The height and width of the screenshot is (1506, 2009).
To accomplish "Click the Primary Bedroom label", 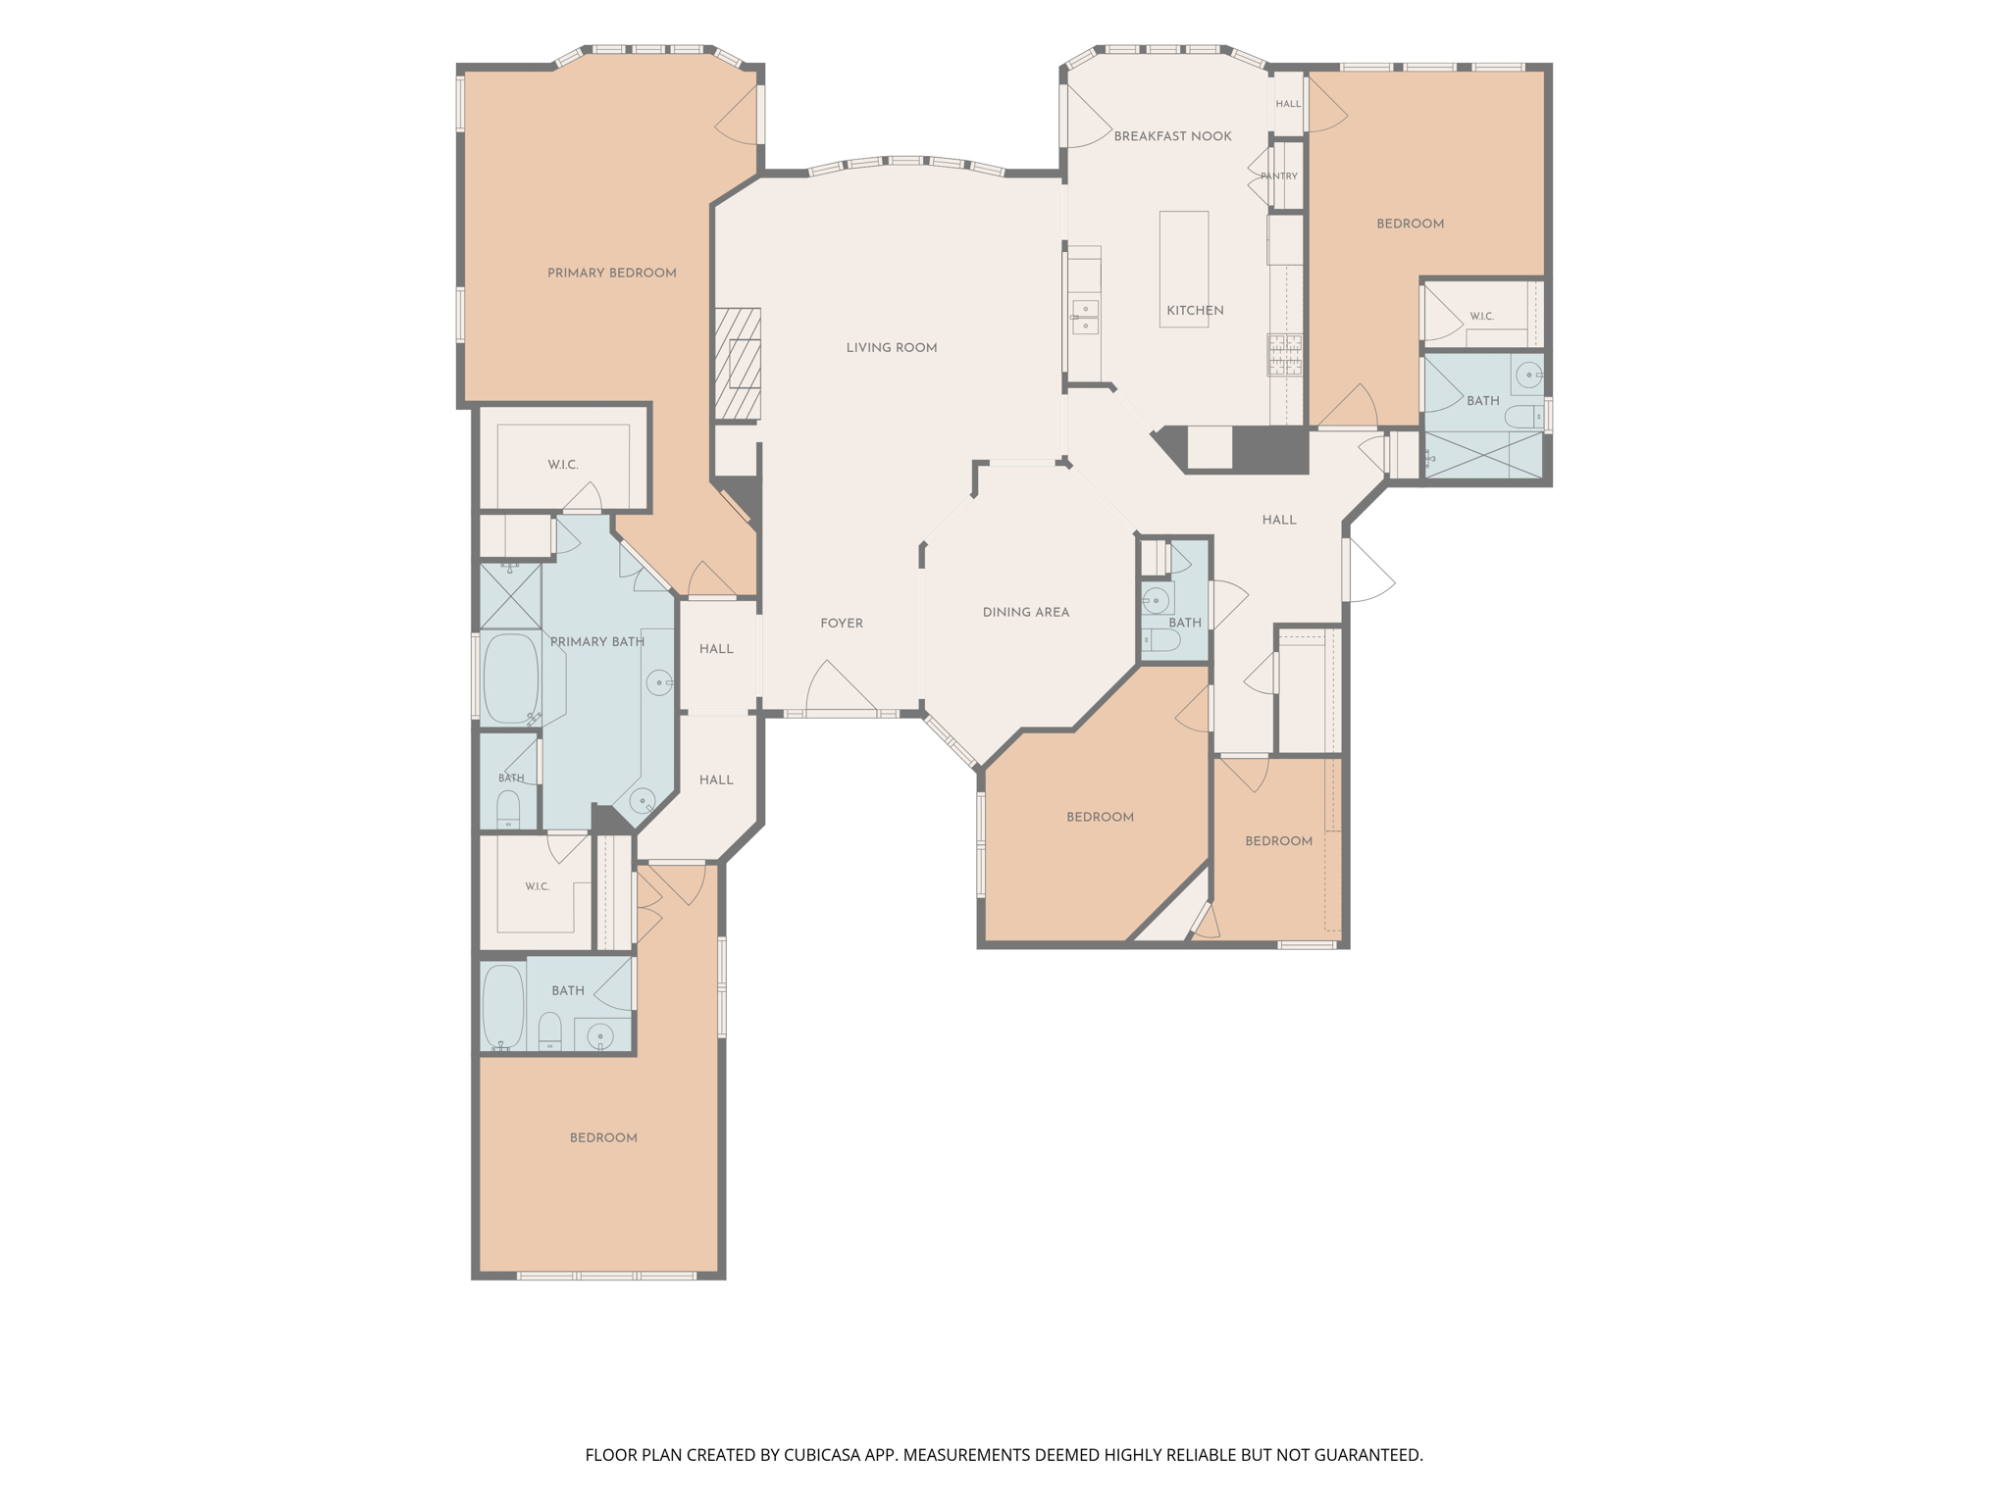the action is tap(612, 273).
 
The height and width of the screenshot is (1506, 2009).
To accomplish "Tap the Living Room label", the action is tap(892, 347).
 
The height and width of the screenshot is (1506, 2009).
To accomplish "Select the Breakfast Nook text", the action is tap(1172, 136).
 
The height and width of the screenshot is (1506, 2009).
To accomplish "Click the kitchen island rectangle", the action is tap(1184, 269).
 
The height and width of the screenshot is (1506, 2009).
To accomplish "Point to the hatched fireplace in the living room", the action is tap(738, 364).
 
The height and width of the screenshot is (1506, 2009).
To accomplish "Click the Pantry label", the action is tap(1279, 176).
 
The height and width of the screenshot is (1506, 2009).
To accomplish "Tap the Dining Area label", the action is tap(1026, 612).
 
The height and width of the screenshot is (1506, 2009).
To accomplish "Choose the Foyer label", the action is tap(842, 623).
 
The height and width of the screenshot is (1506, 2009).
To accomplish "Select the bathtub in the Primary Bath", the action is tap(511, 678).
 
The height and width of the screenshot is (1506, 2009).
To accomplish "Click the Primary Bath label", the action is tap(597, 642).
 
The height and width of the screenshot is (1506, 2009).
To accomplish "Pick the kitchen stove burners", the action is tap(1285, 355).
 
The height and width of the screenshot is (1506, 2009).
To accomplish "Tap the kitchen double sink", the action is tap(1085, 318).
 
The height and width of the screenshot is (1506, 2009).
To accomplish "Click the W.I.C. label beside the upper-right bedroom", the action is tap(1481, 316).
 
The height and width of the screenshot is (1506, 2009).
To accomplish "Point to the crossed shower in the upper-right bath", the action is tap(1483, 455).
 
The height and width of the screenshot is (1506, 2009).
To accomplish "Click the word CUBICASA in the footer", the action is tap(823, 1455).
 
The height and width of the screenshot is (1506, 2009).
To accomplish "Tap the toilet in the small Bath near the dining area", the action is tap(1161, 640).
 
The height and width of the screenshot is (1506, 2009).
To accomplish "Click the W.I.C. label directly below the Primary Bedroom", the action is tap(563, 465).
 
